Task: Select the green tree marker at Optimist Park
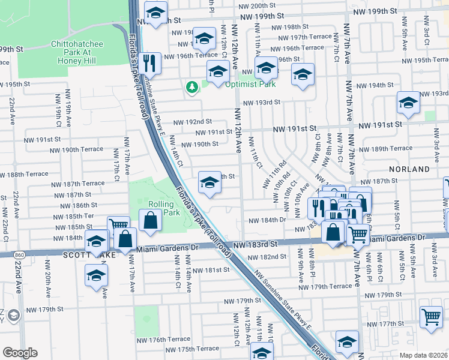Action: point(192,88)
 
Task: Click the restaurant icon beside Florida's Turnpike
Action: point(149,64)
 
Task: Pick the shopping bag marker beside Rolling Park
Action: point(149,220)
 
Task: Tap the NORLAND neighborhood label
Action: point(409,169)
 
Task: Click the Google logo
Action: point(20,352)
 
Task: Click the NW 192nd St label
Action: point(193,122)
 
